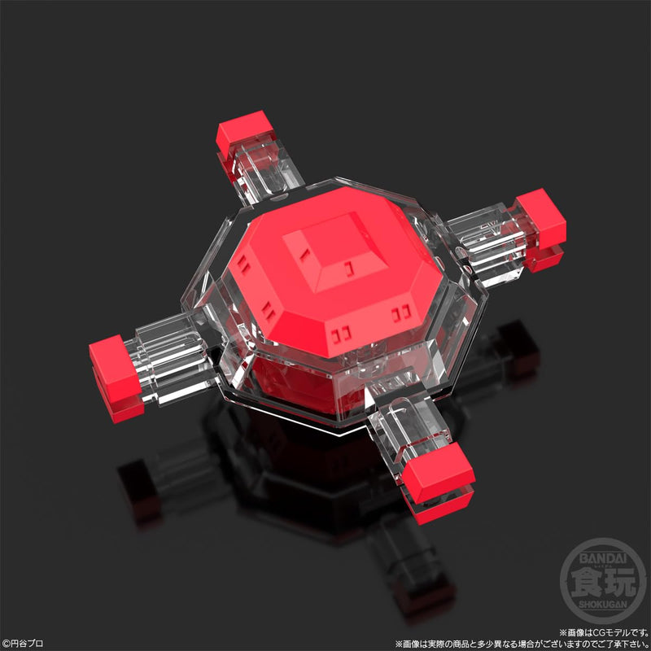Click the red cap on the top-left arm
tap(242, 133)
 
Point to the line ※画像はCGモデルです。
tap(603, 631)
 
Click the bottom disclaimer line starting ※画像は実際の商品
tap(522, 643)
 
